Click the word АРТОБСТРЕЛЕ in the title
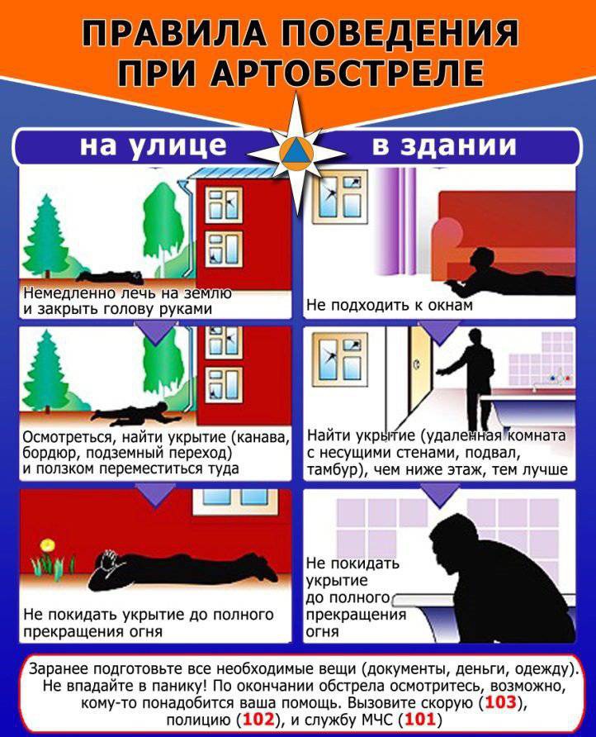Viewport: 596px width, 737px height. tap(347, 73)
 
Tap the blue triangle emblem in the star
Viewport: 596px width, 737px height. tap(296, 151)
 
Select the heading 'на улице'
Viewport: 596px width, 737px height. tap(153, 145)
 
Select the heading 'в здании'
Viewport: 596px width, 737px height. tap(444, 145)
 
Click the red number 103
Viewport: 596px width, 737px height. tap(501, 702)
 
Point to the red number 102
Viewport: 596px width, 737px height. tap(258, 719)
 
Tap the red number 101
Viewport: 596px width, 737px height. tap(419, 719)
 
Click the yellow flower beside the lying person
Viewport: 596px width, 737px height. tap(47, 545)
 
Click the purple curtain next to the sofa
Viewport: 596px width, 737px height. tap(398, 221)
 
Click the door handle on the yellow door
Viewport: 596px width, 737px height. tap(418, 364)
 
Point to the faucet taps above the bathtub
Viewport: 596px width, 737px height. tap(559, 378)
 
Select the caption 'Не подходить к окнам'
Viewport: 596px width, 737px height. tap(390, 305)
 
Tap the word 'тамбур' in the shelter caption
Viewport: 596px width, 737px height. tap(333, 469)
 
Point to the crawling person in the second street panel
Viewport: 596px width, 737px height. tap(136, 411)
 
